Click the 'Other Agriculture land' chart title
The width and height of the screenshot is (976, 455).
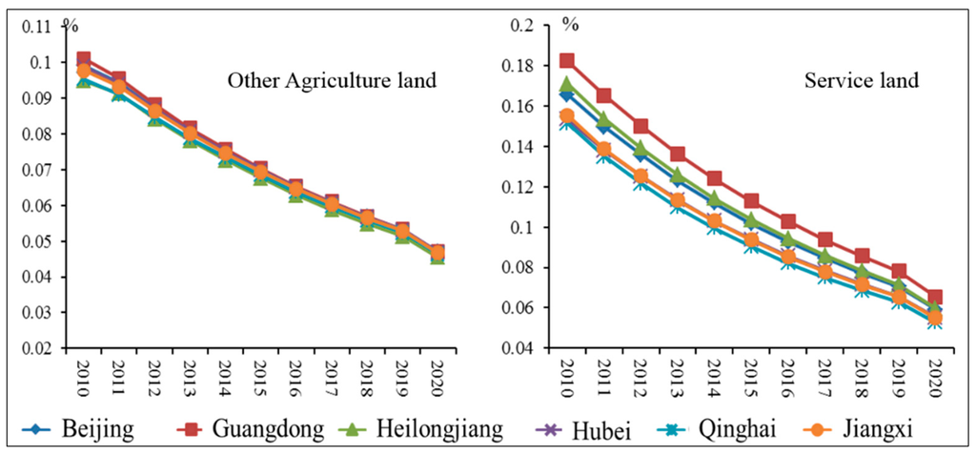pyautogui.click(x=331, y=81)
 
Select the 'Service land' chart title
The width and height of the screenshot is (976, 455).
pyautogui.click(x=862, y=81)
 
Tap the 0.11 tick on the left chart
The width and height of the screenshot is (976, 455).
pyautogui.click(x=42, y=27)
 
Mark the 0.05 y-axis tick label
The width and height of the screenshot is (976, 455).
pyautogui.click(x=42, y=241)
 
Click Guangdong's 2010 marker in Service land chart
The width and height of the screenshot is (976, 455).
pyautogui.click(x=566, y=61)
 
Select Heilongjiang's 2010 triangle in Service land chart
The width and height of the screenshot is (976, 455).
pyautogui.click(x=566, y=84)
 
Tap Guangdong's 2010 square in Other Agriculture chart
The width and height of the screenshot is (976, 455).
pyautogui.click(x=83, y=59)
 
